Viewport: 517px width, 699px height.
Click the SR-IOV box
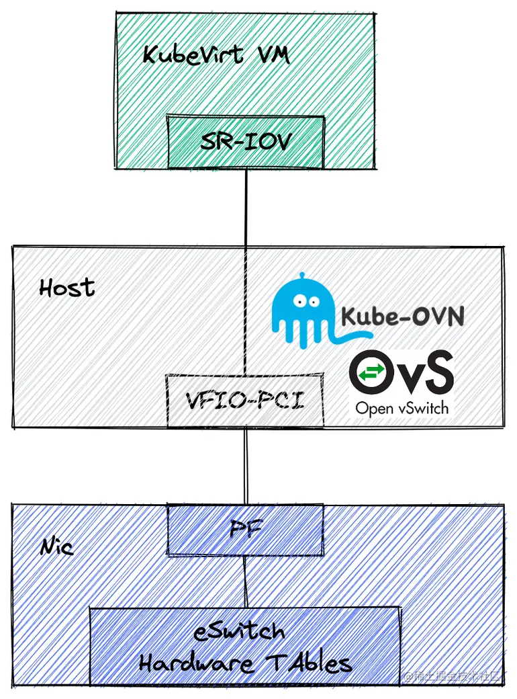pos(246,142)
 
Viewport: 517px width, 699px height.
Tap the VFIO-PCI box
pos(245,402)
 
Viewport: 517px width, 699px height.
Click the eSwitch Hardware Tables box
pos(245,647)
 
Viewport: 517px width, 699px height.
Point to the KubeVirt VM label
pos(216,55)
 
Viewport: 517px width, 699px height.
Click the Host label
pos(67,288)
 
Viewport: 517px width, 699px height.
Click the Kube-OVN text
pos(403,316)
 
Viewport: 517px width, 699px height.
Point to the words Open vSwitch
pos(402,407)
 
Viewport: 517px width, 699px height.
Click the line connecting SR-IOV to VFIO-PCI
pos(246,269)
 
